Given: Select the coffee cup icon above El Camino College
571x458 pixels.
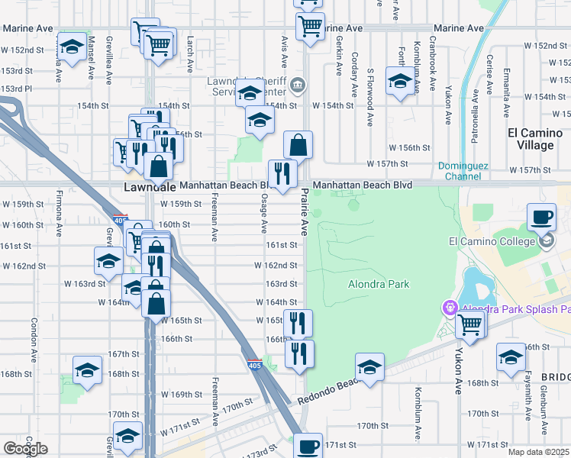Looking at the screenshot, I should coord(541,217).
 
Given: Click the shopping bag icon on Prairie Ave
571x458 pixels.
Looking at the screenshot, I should coord(298,144).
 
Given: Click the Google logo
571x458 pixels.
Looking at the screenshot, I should coord(25,449).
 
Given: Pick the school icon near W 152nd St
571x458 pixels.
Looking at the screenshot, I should coord(73,47).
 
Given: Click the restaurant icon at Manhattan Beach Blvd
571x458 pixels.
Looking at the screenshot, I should coord(282,173).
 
